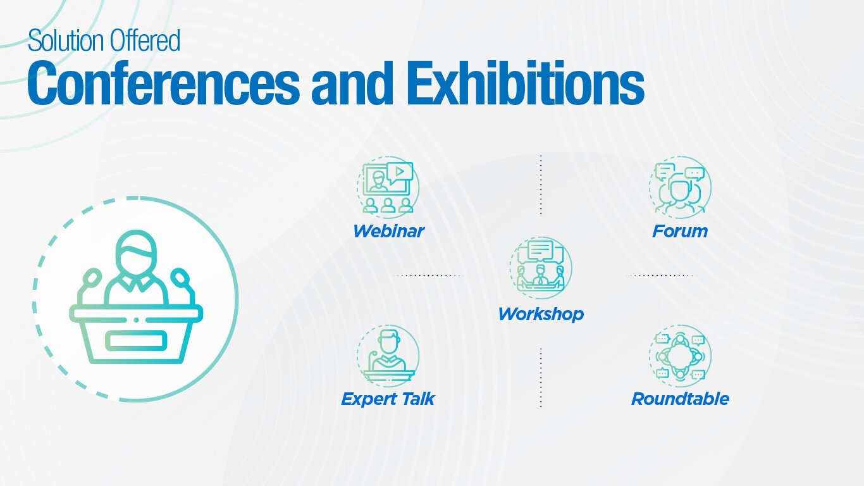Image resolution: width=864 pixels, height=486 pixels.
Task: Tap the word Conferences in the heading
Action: pyautogui.click(x=163, y=84)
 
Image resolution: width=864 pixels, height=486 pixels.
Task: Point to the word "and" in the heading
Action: pyautogui.click(x=352, y=84)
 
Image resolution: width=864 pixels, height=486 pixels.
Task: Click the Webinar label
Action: pyautogui.click(x=388, y=231)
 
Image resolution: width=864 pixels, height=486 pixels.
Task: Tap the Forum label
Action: pyautogui.click(x=680, y=231)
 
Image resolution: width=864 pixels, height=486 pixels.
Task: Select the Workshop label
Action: pyautogui.click(x=541, y=315)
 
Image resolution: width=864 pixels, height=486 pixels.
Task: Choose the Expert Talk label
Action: pyautogui.click(x=388, y=399)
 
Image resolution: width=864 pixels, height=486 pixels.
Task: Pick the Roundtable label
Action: pyautogui.click(x=680, y=399)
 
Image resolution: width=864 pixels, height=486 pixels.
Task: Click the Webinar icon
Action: pyautogui.click(x=388, y=187)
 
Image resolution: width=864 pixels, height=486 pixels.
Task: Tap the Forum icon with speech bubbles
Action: pyautogui.click(x=680, y=187)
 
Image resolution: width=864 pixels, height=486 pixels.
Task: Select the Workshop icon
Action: pyautogui.click(x=541, y=268)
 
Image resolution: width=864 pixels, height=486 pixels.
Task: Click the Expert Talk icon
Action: pyautogui.click(x=388, y=356)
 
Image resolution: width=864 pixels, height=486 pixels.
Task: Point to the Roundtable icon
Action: pyautogui.click(x=680, y=356)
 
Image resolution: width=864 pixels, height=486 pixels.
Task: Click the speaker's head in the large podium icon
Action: pyautogui.click(x=136, y=253)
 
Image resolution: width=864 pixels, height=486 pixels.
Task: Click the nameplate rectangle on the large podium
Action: pyautogui.click(x=136, y=341)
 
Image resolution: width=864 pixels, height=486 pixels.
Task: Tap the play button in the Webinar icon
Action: pyautogui.click(x=400, y=171)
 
